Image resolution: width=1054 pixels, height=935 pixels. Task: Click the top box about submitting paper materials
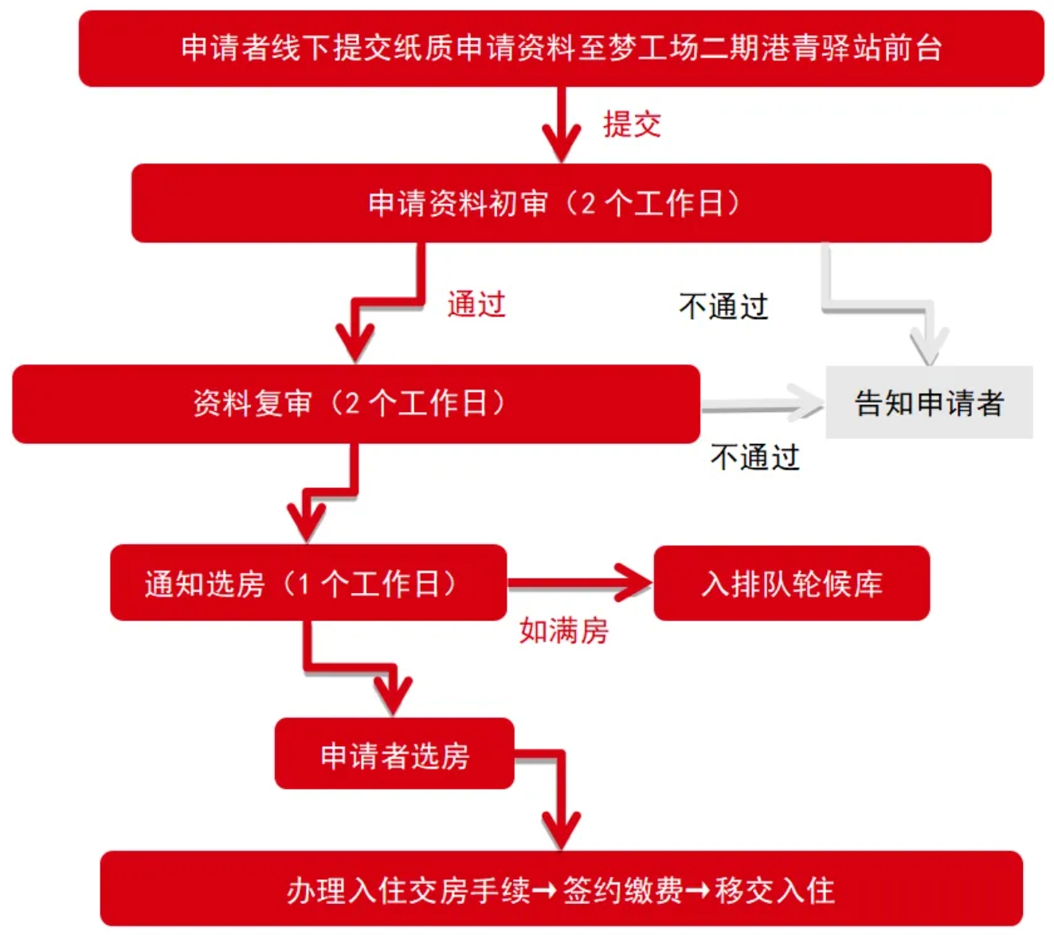(561, 48)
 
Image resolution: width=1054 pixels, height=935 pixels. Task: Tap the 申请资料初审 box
(561, 203)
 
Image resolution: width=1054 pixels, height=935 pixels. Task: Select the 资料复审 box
(355, 403)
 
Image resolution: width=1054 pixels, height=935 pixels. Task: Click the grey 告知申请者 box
(929, 403)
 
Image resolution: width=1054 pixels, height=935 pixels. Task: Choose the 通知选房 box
(308, 583)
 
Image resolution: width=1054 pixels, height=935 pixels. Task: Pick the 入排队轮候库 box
(791, 583)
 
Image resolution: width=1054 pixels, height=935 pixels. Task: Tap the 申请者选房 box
(394, 754)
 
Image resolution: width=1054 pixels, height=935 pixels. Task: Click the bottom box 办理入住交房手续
(561, 889)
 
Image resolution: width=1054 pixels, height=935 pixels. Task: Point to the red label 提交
(632, 124)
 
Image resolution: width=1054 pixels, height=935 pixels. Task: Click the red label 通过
(476, 304)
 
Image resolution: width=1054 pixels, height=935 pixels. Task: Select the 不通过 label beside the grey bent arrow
(723, 306)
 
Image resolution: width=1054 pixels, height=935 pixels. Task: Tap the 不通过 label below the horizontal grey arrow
(754, 457)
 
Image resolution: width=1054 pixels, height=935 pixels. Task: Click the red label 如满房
(564, 631)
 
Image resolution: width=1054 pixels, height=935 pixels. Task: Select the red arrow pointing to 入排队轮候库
(580, 583)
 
